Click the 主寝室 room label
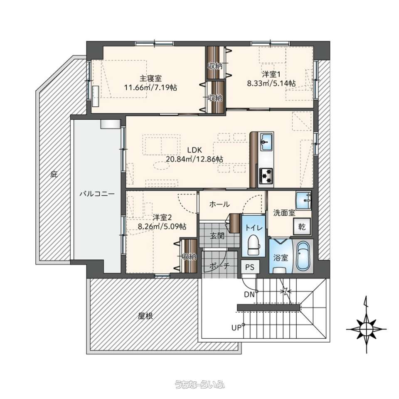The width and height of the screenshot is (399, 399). [150, 78]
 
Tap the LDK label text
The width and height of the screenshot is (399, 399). [195, 150]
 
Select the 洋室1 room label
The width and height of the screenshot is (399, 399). [271, 74]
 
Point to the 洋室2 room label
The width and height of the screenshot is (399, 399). [162, 217]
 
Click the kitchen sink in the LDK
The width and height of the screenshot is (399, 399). [266, 142]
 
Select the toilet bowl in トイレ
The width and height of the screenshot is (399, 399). [254, 245]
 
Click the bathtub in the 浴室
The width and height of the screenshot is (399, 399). [303, 256]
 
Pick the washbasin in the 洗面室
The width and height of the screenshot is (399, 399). [303, 200]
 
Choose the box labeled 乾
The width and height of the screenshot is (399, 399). [302, 227]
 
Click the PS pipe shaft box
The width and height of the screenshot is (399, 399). [250, 267]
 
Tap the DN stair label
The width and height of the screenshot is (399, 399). [249, 294]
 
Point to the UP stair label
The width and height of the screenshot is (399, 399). [236, 328]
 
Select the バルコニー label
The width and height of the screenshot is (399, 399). [97, 194]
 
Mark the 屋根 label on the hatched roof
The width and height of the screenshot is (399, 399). [145, 316]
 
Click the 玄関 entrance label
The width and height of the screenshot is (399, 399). [217, 236]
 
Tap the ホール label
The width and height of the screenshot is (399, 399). [219, 204]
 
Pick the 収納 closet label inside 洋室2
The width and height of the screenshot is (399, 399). [189, 257]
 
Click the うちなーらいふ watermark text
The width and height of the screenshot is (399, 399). [199, 384]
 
